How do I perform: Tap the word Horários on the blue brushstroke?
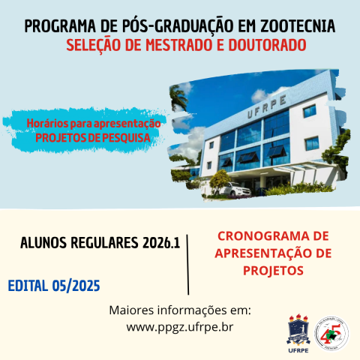(x=48, y=123)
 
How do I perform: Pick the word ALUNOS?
(x=49, y=243)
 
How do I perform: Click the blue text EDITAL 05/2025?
(x=53, y=286)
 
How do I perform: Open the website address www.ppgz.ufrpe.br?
(x=180, y=327)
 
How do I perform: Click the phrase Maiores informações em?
(x=180, y=310)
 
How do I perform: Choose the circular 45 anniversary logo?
(x=332, y=331)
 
